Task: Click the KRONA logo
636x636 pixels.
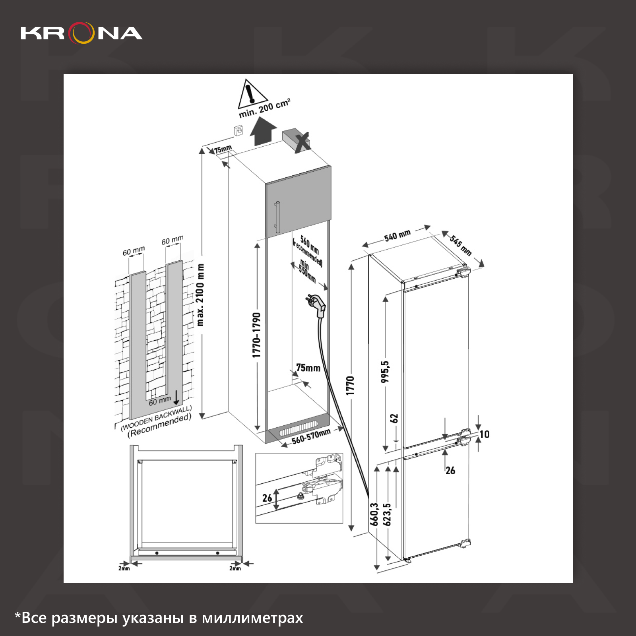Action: (81, 33)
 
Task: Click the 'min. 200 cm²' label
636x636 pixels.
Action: (264, 108)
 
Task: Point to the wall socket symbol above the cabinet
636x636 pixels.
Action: (238, 130)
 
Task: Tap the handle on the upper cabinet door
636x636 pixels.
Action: (277, 217)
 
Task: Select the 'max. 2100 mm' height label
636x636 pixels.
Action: (200, 295)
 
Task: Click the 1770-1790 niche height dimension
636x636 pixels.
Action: (257, 335)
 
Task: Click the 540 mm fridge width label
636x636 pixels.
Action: (397, 236)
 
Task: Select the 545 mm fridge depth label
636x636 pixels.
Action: (461, 245)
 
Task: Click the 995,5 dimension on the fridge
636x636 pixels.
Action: (385, 372)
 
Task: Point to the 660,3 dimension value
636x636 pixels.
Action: (374, 514)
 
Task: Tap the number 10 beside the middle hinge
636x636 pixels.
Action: (484, 434)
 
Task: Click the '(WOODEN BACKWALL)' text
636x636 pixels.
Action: (156, 417)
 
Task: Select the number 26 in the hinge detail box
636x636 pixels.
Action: (267, 498)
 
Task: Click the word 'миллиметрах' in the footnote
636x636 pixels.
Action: (252, 618)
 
